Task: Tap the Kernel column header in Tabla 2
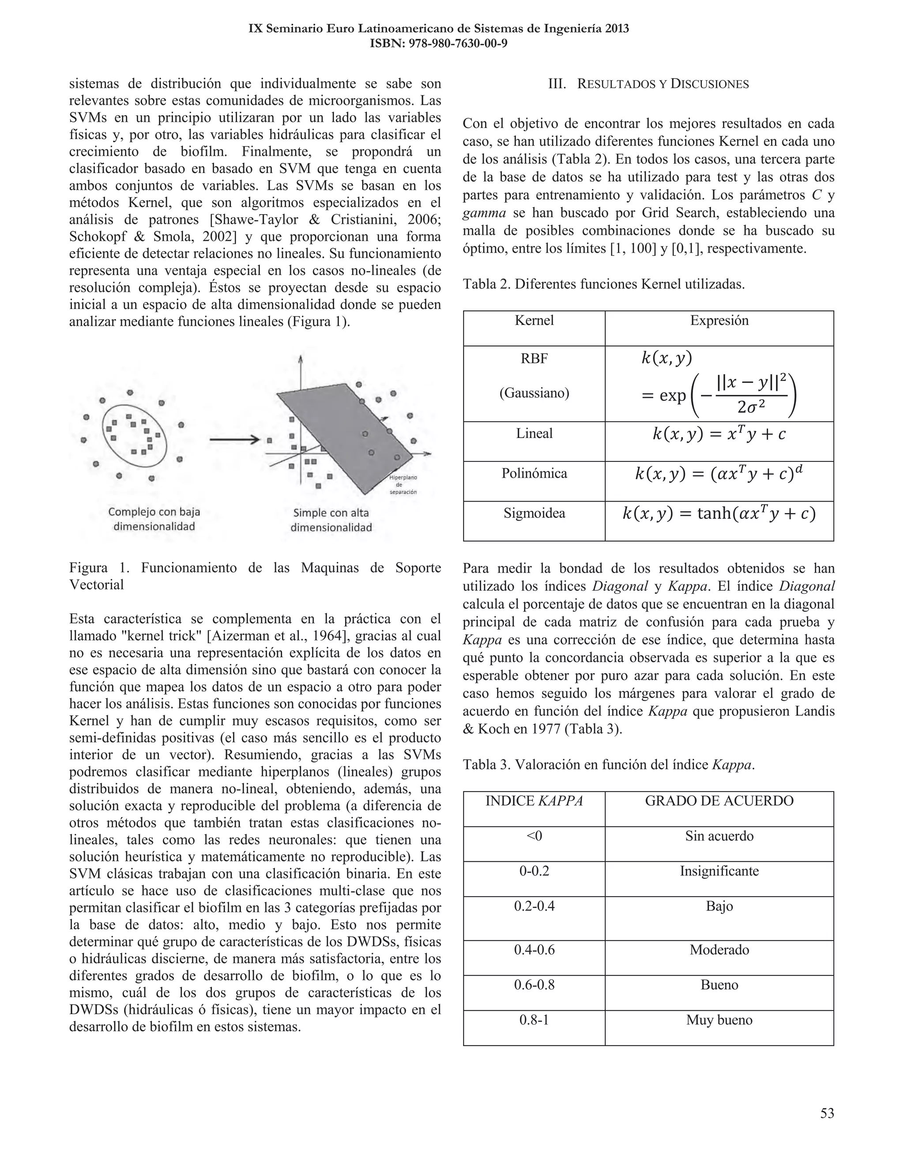[x=534, y=321]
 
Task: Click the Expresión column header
[x=719, y=321]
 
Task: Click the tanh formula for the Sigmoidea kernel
[x=719, y=514]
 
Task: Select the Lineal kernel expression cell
[x=719, y=434]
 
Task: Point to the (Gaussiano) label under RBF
[x=534, y=393]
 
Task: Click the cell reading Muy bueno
[x=719, y=1020]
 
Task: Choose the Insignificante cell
[x=719, y=871]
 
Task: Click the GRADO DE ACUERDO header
[x=719, y=801]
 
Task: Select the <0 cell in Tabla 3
[x=534, y=836]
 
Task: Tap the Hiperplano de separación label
[x=403, y=484]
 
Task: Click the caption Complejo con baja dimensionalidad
[x=154, y=519]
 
